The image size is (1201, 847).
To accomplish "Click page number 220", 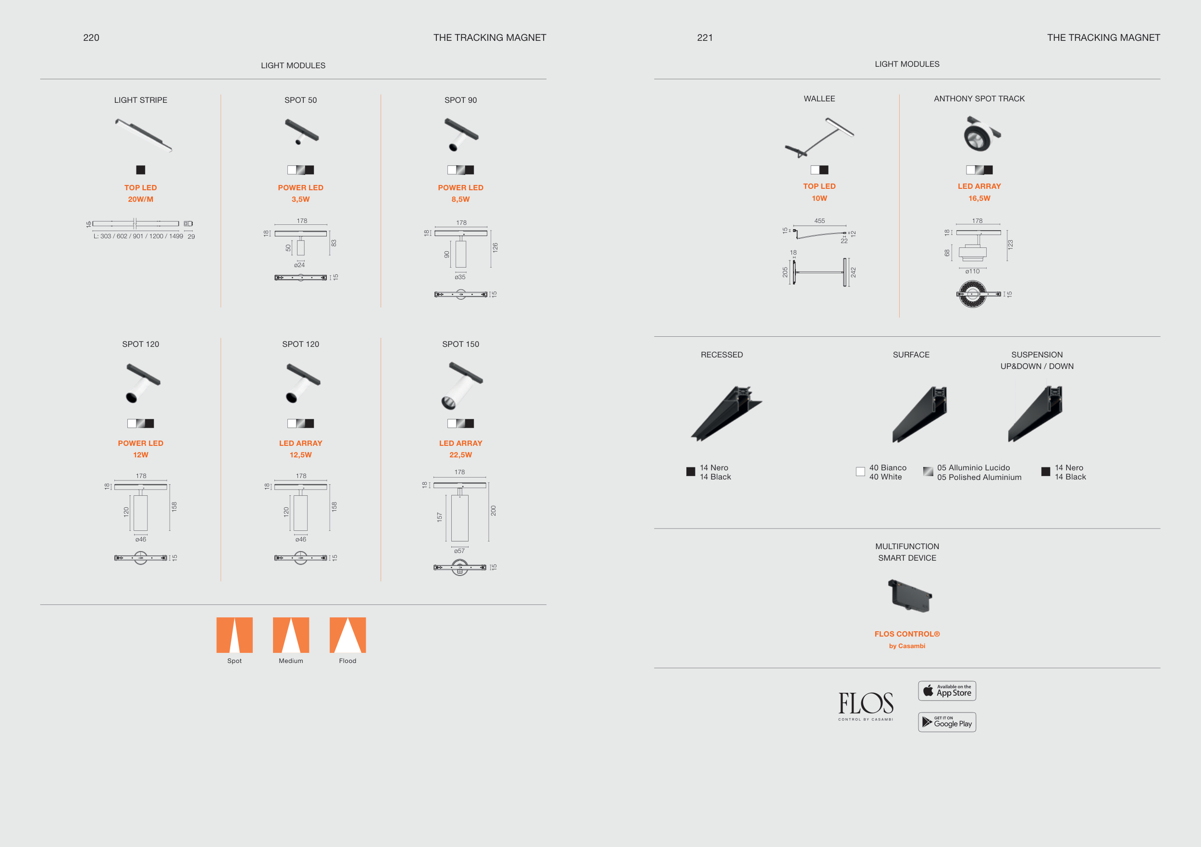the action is click(91, 37).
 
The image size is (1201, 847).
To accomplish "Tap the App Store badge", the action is click(947, 691).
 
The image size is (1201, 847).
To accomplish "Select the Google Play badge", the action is click(947, 722).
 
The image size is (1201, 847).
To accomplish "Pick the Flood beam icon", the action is click(347, 635).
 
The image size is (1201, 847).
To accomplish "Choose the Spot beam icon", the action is click(235, 635).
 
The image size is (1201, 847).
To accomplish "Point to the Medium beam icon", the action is click(291, 635).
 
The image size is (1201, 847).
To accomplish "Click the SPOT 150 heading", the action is click(460, 344).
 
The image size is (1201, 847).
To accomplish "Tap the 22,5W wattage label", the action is click(460, 455).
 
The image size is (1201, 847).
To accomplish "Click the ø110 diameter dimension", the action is click(972, 271).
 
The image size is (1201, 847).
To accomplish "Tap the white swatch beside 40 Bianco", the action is click(860, 472).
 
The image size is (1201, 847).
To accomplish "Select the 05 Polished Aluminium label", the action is click(979, 478).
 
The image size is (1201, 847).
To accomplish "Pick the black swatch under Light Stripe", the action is click(141, 170).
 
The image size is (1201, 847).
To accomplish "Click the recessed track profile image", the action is click(727, 414).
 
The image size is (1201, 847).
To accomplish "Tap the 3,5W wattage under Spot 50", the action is click(300, 199).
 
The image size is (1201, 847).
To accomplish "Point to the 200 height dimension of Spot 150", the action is click(493, 511).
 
